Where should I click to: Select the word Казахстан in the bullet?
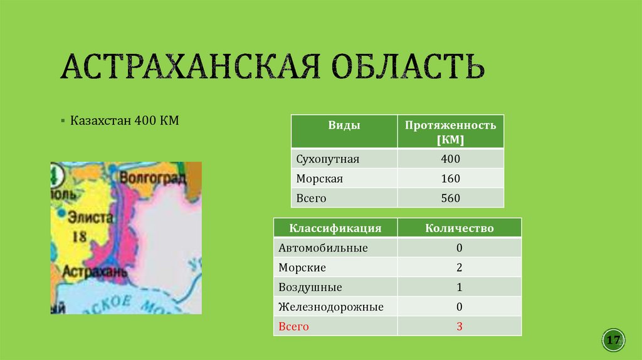pos(100,120)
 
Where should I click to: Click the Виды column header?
pos(344,125)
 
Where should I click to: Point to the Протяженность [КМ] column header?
pos(450,132)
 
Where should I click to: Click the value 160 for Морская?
pos(450,179)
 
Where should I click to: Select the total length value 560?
pos(450,198)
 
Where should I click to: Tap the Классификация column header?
pos(335,228)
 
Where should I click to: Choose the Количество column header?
pos(459,228)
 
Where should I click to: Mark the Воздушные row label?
pos(310,287)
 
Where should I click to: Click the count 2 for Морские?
pos(459,268)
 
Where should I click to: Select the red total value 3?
pos(459,327)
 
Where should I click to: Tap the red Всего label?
pos(294,327)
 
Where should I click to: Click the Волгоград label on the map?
pos(152,178)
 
